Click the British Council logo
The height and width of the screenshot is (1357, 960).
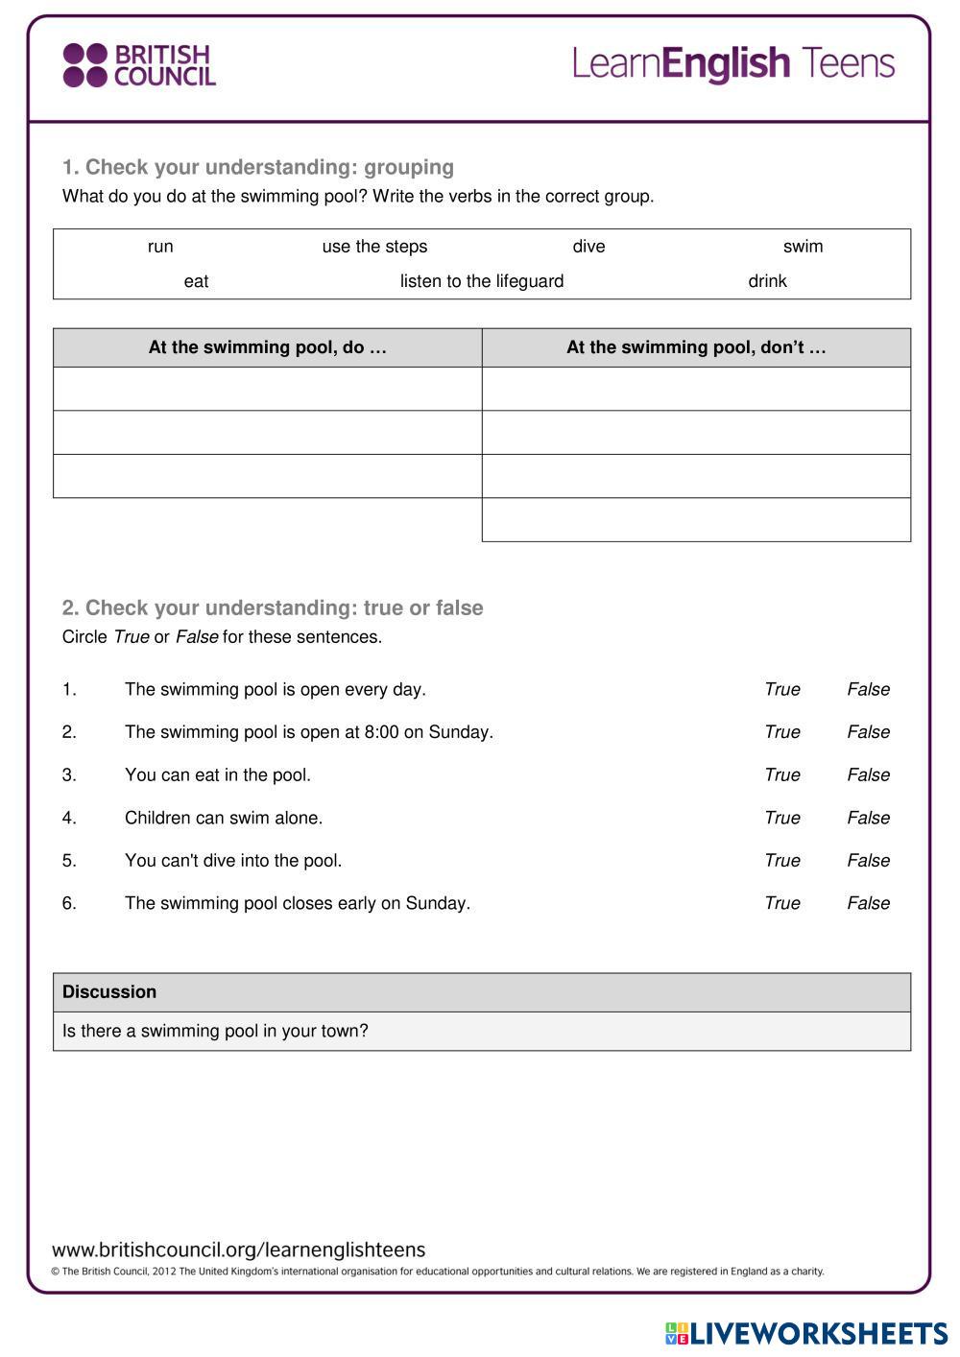tap(139, 65)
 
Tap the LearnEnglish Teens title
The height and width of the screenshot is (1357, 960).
tap(733, 63)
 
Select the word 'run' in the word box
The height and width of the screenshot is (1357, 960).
tap(160, 247)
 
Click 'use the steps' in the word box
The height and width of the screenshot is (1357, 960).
tap(374, 247)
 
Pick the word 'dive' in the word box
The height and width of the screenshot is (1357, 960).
tap(588, 247)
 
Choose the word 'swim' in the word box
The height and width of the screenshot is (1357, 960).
tap(803, 247)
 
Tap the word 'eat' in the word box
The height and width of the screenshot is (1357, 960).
tap(196, 281)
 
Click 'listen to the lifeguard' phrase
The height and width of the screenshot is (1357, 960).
tap(482, 281)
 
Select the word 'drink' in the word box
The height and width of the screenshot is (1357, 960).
tap(767, 281)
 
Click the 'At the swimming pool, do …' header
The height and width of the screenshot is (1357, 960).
tap(267, 347)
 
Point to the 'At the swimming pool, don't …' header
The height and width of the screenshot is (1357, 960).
tap(696, 347)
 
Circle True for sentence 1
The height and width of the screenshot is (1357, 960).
tap(781, 689)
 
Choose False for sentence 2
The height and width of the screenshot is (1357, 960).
tap(868, 732)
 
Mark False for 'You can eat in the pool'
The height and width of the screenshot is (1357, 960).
tap(868, 774)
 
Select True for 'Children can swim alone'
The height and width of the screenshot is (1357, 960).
tap(781, 818)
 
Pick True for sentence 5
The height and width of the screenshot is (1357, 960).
tap(781, 861)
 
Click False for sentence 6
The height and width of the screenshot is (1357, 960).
tap(868, 903)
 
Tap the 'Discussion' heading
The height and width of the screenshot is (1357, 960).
tap(109, 992)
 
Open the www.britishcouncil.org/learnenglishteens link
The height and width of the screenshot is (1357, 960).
tap(238, 1250)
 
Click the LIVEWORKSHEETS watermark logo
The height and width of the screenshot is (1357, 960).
tap(806, 1333)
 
